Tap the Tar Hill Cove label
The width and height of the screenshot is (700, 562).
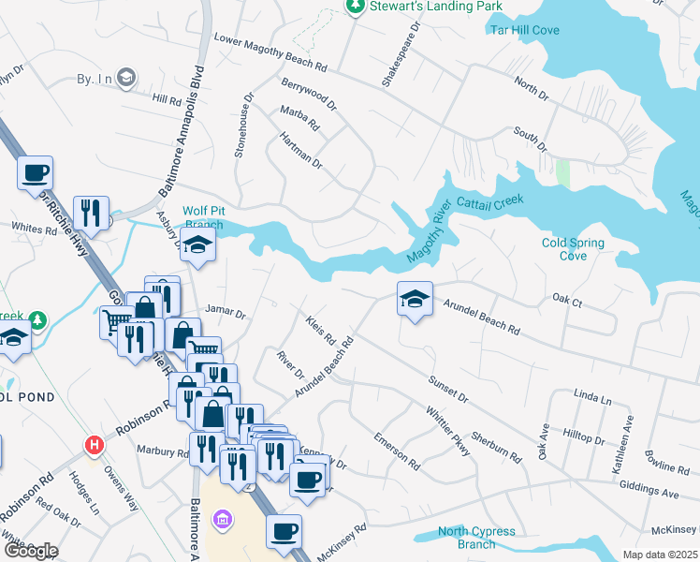coord(525,30)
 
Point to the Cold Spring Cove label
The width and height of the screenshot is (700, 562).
coord(573,249)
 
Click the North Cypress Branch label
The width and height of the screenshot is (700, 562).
coord(478,538)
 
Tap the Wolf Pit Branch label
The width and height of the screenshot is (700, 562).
coord(203,217)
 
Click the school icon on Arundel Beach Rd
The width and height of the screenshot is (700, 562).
coord(415,299)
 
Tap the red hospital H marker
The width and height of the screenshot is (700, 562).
coord(93,445)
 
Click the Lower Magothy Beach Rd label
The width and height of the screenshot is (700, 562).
coord(270,53)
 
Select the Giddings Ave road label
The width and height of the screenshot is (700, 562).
coord(649,488)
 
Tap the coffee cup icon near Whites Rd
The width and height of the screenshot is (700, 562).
coord(36,172)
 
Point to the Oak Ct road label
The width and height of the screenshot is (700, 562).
coord(567,301)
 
